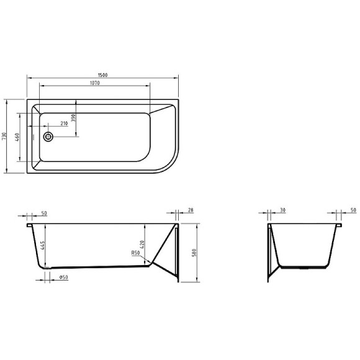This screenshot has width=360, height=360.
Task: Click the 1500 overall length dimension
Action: pos(102,74)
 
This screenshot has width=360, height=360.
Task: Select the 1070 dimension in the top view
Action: pos(94,83)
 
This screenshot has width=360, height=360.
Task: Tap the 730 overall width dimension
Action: pos(4,135)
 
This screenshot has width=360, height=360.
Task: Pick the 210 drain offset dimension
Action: pos(64,123)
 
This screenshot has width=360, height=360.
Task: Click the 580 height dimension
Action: pos(195,253)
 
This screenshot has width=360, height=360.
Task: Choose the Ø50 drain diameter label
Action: pos(63,277)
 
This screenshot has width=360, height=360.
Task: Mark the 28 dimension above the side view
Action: pos(190,211)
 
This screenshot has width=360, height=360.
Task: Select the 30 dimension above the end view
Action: pos(282,211)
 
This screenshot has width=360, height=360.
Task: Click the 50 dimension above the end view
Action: pos(353,211)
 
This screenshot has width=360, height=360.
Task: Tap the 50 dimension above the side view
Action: pos(43,213)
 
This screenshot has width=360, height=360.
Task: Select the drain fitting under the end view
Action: pos(304,268)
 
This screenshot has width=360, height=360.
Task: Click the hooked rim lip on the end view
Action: pos(338,227)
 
